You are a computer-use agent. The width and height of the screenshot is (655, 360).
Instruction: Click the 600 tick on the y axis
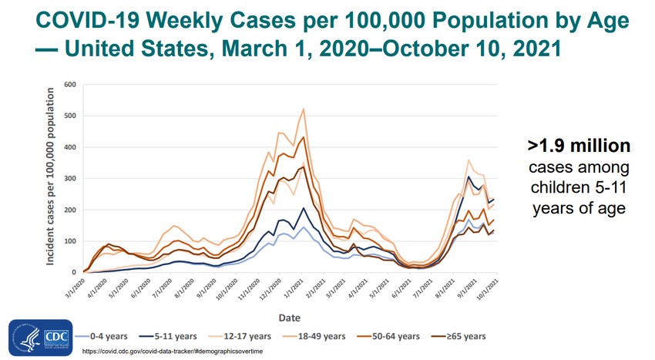pyautogui.click(x=71, y=84)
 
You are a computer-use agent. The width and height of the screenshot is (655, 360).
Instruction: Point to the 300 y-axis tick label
pyautogui.click(x=71, y=178)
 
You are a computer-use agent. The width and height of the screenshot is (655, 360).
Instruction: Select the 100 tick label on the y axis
pyautogui.click(x=71, y=241)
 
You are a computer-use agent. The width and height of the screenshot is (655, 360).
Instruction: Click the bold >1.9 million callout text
pyautogui.click(x=579, y=146)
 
